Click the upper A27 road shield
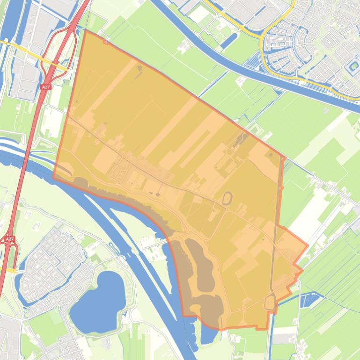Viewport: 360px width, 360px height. coord(46,87)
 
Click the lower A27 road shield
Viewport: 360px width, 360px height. coord(10,239)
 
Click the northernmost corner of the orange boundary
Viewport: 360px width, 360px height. coord(85,30)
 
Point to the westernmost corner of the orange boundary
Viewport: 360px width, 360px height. coord(53,178)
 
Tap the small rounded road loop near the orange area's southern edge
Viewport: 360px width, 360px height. coord(270,302)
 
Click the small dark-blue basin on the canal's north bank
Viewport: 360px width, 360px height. coord(256,60)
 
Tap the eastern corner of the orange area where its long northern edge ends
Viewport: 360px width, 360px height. coord(284,157)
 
